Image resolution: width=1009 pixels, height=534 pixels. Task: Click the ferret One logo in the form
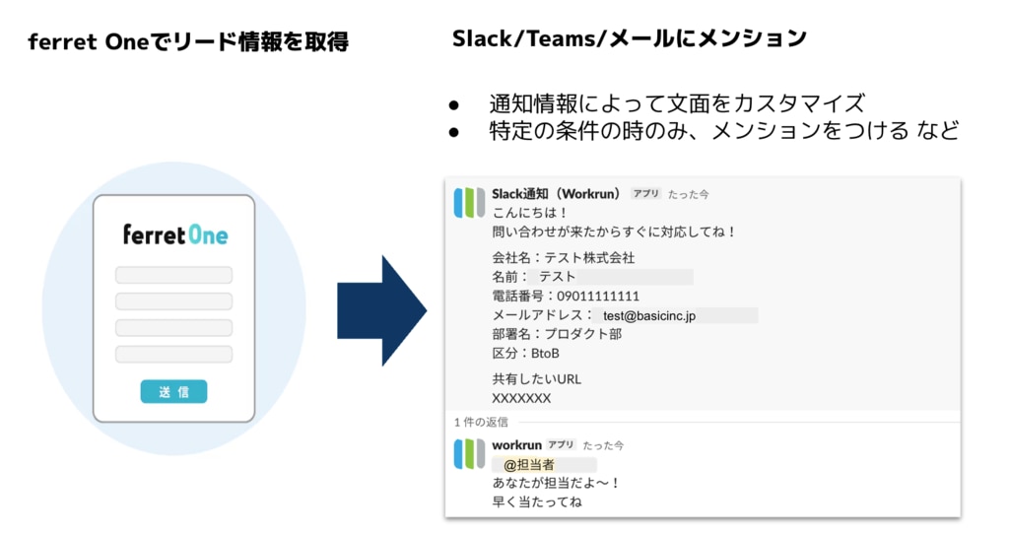(x=174, y=234)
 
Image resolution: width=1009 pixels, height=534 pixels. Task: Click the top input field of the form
(x=173, y=275)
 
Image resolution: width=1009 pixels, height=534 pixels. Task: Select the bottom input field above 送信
(x=173, y=354)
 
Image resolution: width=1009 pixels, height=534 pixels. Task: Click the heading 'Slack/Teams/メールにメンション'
(x=630, y=38)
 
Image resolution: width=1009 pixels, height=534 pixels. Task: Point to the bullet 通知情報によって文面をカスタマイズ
(x=677, y=102)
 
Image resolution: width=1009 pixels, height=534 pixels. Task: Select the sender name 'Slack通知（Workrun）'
(x=556, y=193)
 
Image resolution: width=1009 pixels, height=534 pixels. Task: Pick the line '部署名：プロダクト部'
(x=557, y=334)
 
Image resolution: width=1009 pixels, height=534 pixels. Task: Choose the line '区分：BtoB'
(x=526, y=353)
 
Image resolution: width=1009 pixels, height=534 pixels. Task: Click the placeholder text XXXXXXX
(x=521, y=398)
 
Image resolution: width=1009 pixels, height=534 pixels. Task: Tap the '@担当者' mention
(x=529, y=464)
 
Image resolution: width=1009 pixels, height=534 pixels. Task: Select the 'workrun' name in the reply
(x=517, y=444)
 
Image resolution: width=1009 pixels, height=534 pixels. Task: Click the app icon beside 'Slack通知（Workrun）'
(x=469, y=201)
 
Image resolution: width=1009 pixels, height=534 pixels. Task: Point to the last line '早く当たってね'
(x=537, y=502)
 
